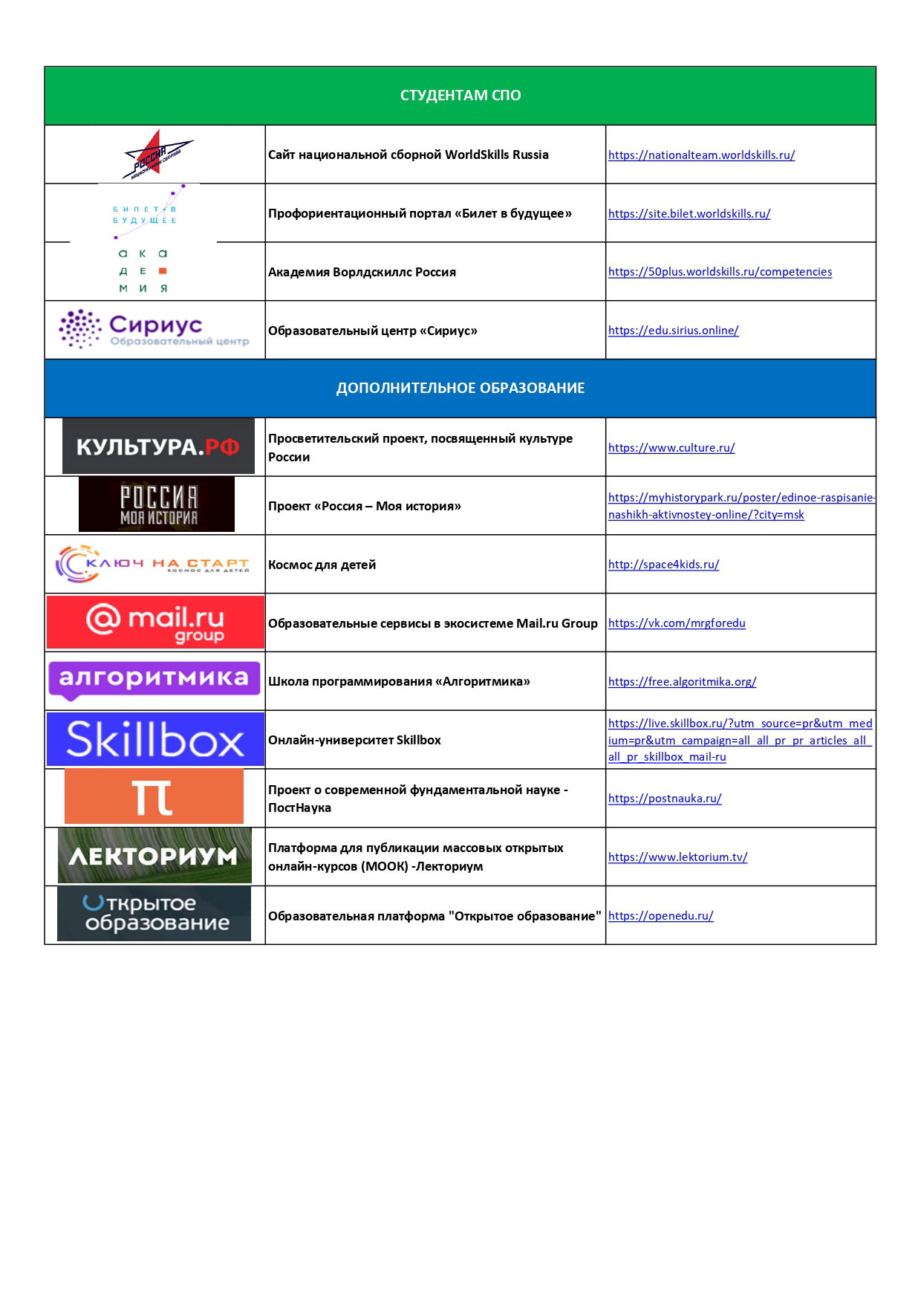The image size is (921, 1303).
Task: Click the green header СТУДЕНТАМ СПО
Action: coord(460,96)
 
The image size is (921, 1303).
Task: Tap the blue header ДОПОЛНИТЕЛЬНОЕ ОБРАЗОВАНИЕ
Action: coord(460,388)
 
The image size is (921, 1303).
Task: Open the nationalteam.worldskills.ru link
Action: coord(701,155)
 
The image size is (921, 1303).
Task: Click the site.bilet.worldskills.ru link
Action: coord(689,214)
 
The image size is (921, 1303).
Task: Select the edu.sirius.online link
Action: coord(673,331)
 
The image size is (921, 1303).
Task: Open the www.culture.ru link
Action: coord(671,448)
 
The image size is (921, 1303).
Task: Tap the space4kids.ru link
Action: coord(663,565)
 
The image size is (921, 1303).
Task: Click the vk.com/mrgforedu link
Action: coord(676,623)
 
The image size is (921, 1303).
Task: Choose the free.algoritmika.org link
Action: coord(682,682)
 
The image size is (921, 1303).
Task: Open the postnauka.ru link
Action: coord(665,799)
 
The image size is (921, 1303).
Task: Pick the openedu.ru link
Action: coord(660,916)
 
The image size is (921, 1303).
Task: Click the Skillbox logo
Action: coord(155,740)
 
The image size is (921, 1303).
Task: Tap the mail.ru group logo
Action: coord(155,623)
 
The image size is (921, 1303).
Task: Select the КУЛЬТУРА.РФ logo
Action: coord(158,446)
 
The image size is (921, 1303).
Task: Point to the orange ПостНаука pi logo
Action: coord(154,797)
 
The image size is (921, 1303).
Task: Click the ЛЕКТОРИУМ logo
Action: coord(154,856)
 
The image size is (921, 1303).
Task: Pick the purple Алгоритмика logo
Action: coord(154,680)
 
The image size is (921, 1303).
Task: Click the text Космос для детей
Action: coord(322,565)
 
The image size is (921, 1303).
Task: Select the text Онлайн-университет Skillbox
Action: coord(354,741)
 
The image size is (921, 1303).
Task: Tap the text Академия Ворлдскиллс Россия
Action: coord(362,273)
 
